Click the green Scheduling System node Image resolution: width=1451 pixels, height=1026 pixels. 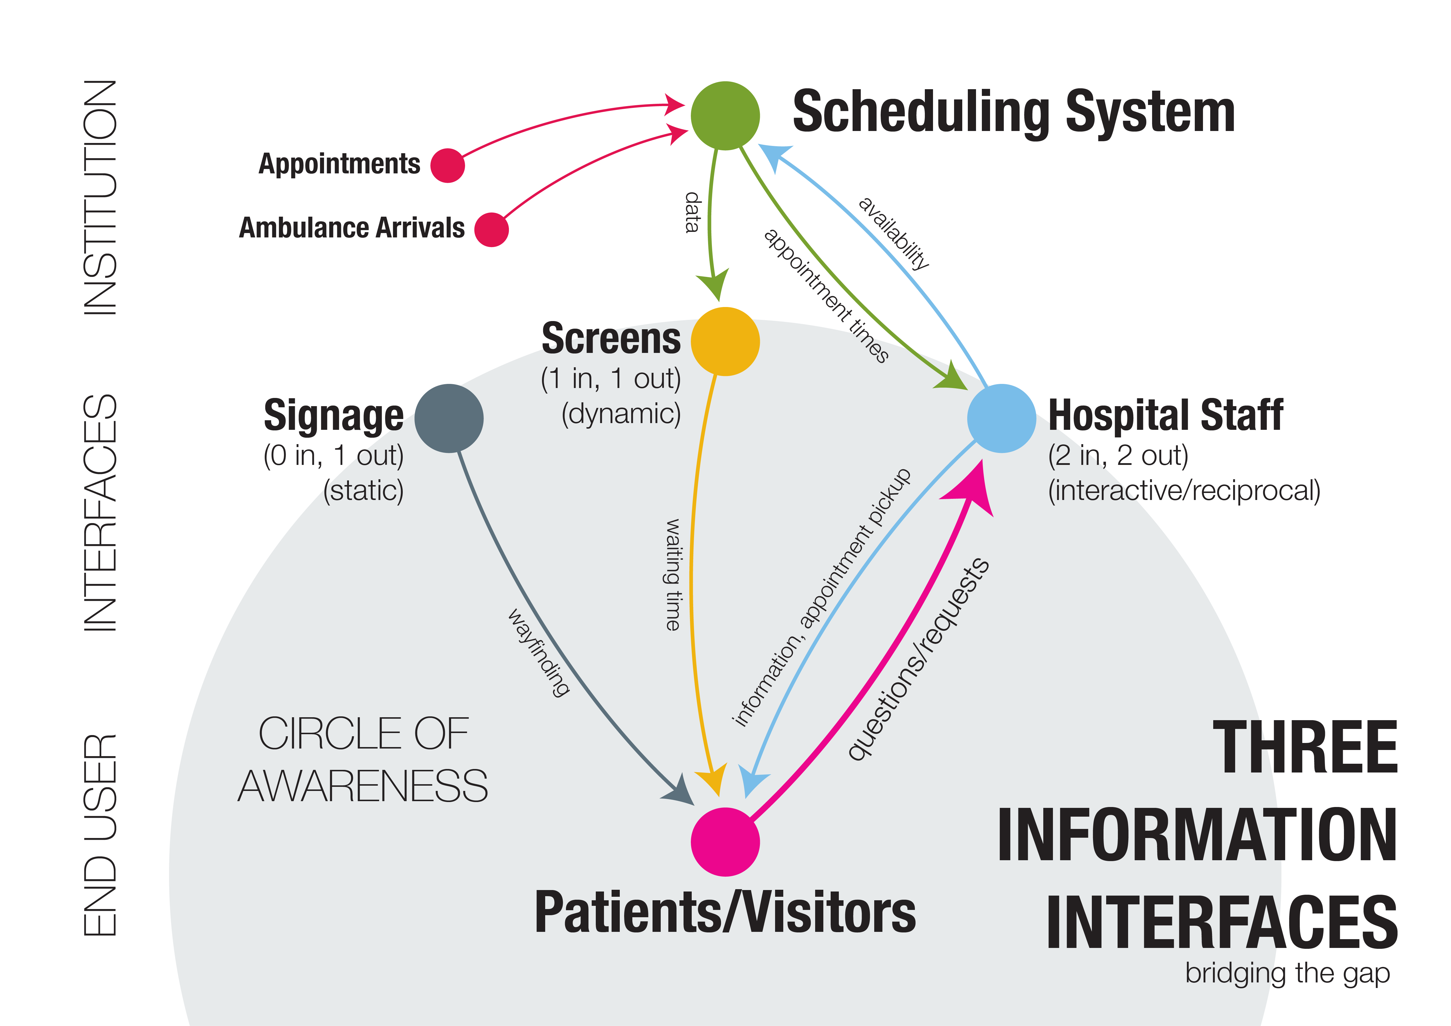tap(725, 115)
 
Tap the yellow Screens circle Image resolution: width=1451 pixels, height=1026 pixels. tap(725, 341)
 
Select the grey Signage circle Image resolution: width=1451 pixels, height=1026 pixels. tap(449, 418)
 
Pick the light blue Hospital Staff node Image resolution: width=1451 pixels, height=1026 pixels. tap(1001, 418)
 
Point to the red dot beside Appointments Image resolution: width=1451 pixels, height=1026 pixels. tap(447, 165)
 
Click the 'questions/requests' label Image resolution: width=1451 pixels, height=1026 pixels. tap(918, 659)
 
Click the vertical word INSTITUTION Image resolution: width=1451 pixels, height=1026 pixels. tap(100, 197)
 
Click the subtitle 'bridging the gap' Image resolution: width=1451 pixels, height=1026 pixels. tap(1287, 974)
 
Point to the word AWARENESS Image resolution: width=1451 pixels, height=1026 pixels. tap(363, 787)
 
